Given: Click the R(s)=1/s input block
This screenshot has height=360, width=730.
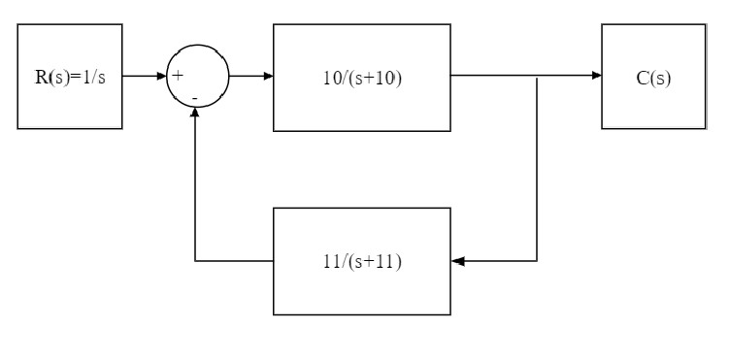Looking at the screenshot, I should pos(71,77).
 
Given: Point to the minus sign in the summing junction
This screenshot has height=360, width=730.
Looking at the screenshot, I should pos(195,98).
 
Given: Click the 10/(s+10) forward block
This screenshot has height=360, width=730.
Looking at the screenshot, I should pos(361,77).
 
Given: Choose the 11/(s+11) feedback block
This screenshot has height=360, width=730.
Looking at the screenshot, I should pos(361,261).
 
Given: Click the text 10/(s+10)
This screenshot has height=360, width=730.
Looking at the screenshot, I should pos(362,78).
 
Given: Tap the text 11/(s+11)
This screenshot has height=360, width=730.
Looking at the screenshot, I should pos(362,262).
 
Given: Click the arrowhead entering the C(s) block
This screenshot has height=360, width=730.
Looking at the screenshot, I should pos(596,76).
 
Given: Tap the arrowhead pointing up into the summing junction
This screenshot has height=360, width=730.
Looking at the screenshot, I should pos(196,113).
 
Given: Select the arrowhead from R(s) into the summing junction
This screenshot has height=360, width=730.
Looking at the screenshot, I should pos(161,76).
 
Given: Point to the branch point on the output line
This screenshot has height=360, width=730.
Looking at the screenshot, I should pos(538,76).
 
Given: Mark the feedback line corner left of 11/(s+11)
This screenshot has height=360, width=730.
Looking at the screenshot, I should pos(196,261).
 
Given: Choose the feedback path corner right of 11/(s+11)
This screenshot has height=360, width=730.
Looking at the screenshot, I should pos(538,261).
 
